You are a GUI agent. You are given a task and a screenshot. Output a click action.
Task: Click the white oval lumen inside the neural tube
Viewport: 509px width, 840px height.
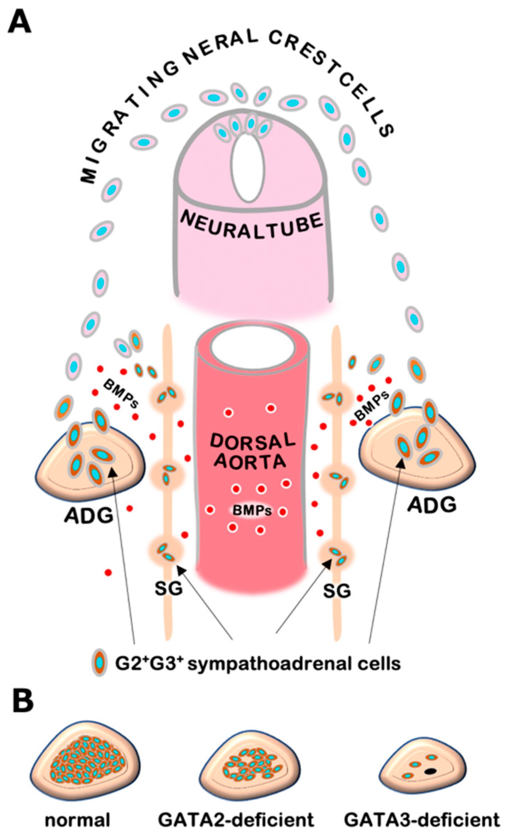pos(248,167)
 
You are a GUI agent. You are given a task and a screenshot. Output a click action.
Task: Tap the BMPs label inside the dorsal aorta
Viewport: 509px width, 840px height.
pos(252,510)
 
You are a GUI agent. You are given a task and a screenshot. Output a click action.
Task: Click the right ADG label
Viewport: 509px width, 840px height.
pos(432,505)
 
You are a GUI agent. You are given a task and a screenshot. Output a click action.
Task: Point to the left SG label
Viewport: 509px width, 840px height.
pos(168,589)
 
